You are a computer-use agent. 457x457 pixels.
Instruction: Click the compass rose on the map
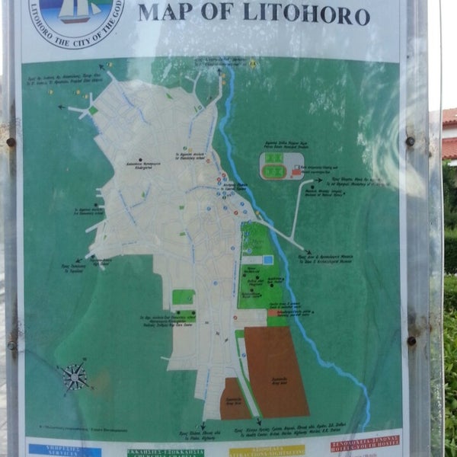point(75,376)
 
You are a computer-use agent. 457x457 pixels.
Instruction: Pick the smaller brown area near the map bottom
point(235,399)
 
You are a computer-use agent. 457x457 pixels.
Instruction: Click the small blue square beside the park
point(267,260)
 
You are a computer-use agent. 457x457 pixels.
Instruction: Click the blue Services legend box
point(64,450)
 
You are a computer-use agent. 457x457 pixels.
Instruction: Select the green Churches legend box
point(165,452)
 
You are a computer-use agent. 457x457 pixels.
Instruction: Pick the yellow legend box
point(266,450)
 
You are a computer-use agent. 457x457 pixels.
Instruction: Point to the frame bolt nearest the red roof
point(410,142)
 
